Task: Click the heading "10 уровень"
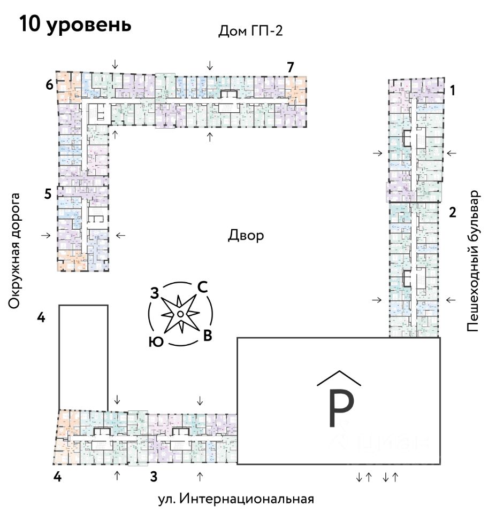click(x=75, y=25)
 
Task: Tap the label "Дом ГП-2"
click(x=250, y=30)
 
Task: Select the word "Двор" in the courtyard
click(x=246, y=236)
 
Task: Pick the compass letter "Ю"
click(x=156, y=342)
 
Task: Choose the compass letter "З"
click(x=155, y=293)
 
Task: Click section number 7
click(x=290, y=67)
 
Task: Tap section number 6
click(x=49, y=84)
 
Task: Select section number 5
click(x=48, y=194)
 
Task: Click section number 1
click(x=452, y=91)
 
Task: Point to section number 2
click(x=452, y=213)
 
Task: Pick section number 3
click(x=153, y=476)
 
